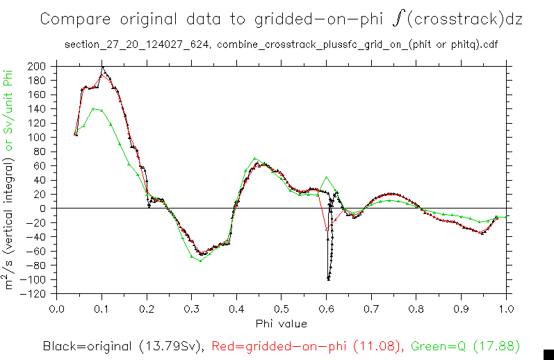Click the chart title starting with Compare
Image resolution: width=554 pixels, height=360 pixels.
point(281,19)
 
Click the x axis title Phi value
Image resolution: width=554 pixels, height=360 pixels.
point(281,323)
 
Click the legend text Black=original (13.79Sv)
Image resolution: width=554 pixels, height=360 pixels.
point(122,345)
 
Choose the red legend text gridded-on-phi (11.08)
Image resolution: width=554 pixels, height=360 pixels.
point(307,345)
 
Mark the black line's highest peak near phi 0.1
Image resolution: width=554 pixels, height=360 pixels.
point(102,67)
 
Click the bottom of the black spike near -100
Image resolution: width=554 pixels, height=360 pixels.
point(328,279)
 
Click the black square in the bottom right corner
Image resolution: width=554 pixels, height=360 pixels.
point(547,353)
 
